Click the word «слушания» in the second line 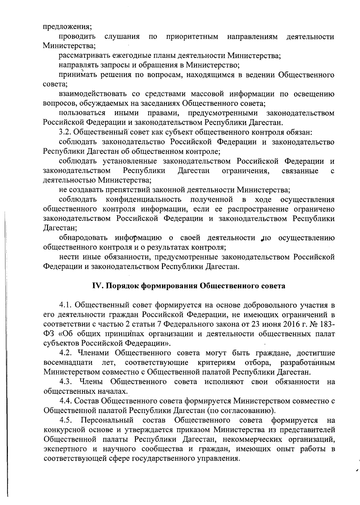click(122, 37)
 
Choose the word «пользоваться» click(82, 113)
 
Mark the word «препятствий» click(128, 190)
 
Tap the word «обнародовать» click(83, 238)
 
